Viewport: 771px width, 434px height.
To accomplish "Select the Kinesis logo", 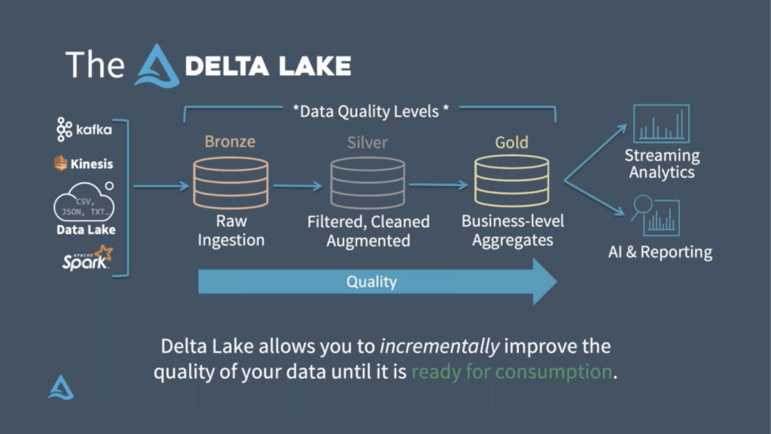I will (x=83, y=163).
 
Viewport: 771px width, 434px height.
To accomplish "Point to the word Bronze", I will (x=230, y=142).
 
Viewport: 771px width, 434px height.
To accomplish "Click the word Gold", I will (x=511, y=142).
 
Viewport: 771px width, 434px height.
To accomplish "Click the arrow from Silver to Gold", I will (x=440, y=185).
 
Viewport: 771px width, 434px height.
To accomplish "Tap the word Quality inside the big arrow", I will (x=371, y=282).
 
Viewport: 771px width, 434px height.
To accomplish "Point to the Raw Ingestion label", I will (x=230, y=231).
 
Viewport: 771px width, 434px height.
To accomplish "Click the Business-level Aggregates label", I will (x=511, y=231).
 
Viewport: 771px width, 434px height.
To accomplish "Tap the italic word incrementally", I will (x=440, y=347).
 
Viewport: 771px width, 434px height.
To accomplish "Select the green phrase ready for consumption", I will (x=512, y=372).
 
